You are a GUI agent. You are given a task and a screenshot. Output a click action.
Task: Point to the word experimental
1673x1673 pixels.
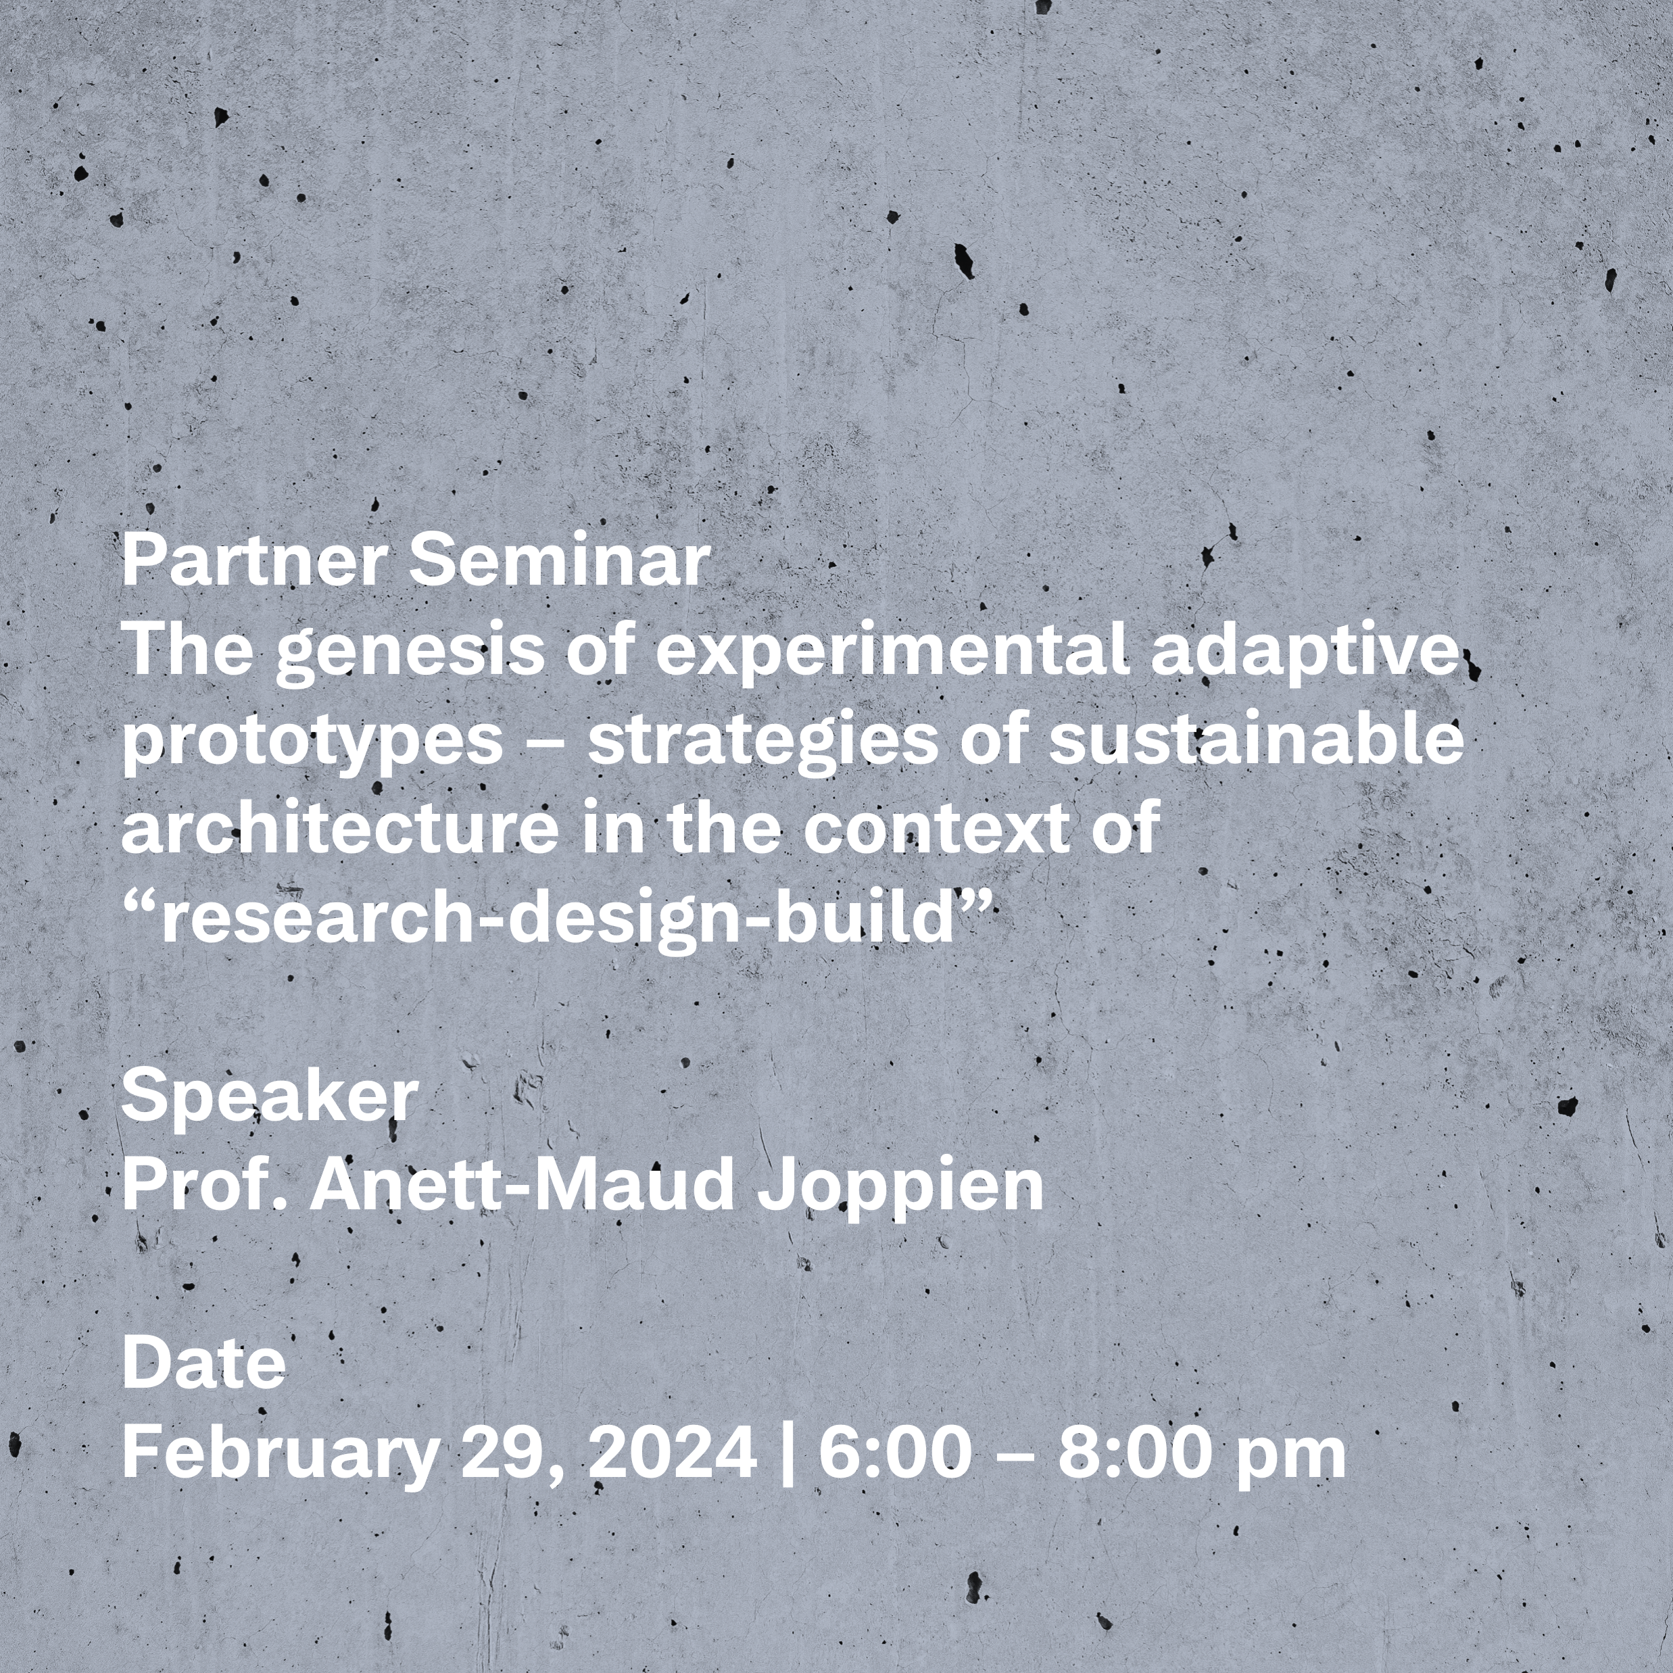coord(893,654)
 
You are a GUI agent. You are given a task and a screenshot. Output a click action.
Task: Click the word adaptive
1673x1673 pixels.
coord(1305,654)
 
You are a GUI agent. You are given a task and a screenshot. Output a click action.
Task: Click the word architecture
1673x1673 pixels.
coord(340,829)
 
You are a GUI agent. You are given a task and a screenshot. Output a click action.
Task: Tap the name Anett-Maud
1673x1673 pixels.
coord(522,1186)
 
